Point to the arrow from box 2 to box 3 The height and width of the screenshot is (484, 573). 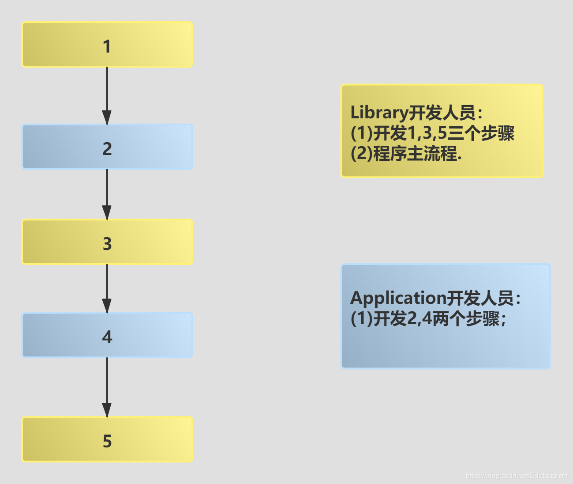(x=107, y=190)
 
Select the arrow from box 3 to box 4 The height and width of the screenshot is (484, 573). (x=107, y=285)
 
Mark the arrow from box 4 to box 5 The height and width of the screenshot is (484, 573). (x=107, y=382)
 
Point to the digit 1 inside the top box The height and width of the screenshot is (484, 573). (x=107, y=46)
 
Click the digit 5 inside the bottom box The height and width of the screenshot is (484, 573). (x=107, y=441)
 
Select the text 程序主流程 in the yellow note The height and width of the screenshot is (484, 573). (x=415, y=154)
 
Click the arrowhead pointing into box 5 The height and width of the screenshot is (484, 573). (x=107, y=409)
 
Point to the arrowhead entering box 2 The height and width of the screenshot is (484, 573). (x=107, y=117)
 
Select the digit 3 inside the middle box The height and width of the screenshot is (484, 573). (x=107, y=244)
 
